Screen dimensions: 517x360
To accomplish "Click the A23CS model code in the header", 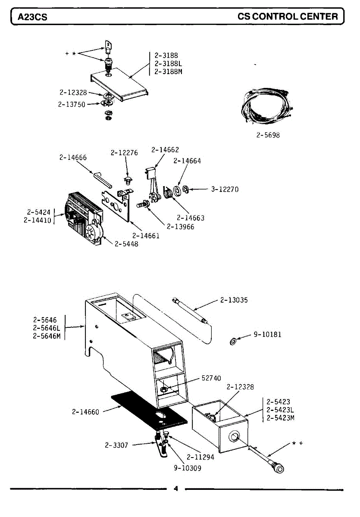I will tap(32, 17).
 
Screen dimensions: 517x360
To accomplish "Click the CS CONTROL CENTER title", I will tap(288, 16).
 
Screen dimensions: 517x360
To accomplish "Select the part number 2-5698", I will tap(268, 135).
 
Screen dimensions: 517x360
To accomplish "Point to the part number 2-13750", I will tap(72, 104).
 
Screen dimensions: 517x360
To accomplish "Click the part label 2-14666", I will tap(73, 158).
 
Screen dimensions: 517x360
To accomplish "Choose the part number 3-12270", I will tap(225, 189).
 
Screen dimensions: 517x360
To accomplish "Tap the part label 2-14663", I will tap(191, 218).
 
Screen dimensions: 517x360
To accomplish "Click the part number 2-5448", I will tap(126, 244).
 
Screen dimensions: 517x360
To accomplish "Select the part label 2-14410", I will tap(38, 221).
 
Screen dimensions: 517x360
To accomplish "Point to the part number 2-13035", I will tap(234, 300).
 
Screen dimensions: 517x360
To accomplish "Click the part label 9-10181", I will tap(267, 334).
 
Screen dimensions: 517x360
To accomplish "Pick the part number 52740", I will tap(211, 378).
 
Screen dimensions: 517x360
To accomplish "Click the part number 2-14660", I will tap(85, 412).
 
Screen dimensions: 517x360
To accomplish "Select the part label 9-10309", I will tap(188, 468).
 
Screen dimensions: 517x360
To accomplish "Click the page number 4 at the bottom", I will tap(175, 489).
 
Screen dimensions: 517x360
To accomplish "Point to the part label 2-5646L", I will tap(47, 328).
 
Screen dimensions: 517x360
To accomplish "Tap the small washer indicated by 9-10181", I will tap(232, 342).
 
